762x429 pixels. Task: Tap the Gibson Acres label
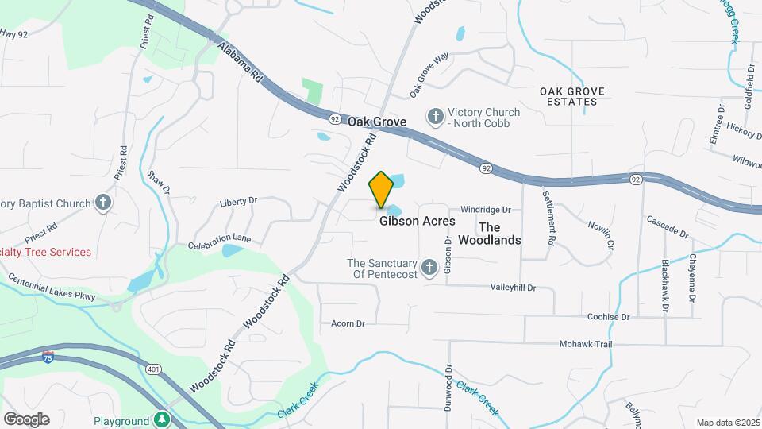[x=417, y=221]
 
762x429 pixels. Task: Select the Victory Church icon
[x=435, y=117]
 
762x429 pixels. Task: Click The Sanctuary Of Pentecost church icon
[x=429, y=267]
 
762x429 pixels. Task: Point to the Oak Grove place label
[x=377, y=122]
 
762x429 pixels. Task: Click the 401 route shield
[x=153, y=369]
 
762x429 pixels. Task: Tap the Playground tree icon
[x=162, y=419]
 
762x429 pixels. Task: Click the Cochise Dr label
[x=608, y=316]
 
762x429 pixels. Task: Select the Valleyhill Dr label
[x=513, y=287]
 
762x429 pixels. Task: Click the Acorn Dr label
[x=348, y=323]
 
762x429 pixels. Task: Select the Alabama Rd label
[x=240, y=64]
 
